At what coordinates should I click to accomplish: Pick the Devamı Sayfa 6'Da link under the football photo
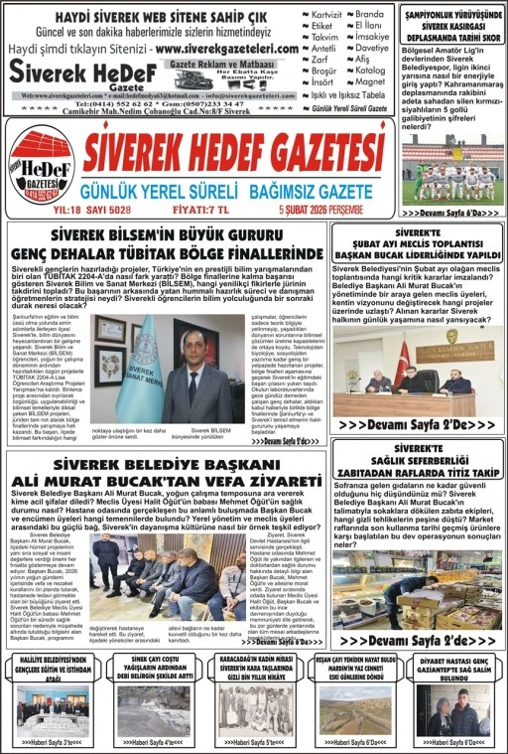click(x=451, y=213)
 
